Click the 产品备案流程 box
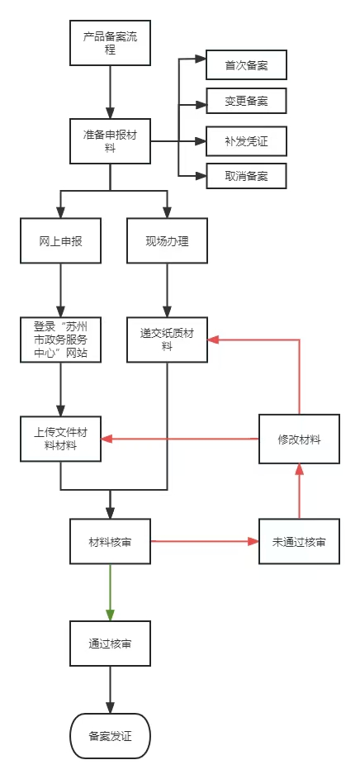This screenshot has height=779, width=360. tap(110, 43)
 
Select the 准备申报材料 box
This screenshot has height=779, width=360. tap(110, 141)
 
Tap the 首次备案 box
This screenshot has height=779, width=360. tap(246, 65)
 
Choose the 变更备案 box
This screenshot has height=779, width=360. tap(246, 102)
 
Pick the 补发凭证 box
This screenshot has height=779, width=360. tap(246, 141)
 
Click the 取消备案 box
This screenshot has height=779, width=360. tap(246, 176)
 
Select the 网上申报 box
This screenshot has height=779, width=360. tap(60, 241)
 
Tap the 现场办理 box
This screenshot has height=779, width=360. tap(167, 241)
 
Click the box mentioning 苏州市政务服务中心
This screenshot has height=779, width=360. tap(60, 340)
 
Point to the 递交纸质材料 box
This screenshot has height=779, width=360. tap(167, 340)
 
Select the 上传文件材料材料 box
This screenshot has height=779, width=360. tap(60, 439)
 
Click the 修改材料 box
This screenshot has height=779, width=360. tap(299, 439)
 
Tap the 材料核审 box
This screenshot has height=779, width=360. tap(110, 542)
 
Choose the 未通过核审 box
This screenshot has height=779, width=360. tap(299, 542)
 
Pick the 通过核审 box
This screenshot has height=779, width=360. tap(110, 644)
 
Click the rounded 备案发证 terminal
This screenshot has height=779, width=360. tap(110, 736)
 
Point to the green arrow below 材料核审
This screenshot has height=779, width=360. tap(110, 592)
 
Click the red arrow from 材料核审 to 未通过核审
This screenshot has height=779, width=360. tap(205, 541)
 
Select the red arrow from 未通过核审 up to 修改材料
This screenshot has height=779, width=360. tap(299, 492)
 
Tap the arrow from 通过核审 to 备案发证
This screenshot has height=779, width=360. tap(110, 690)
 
